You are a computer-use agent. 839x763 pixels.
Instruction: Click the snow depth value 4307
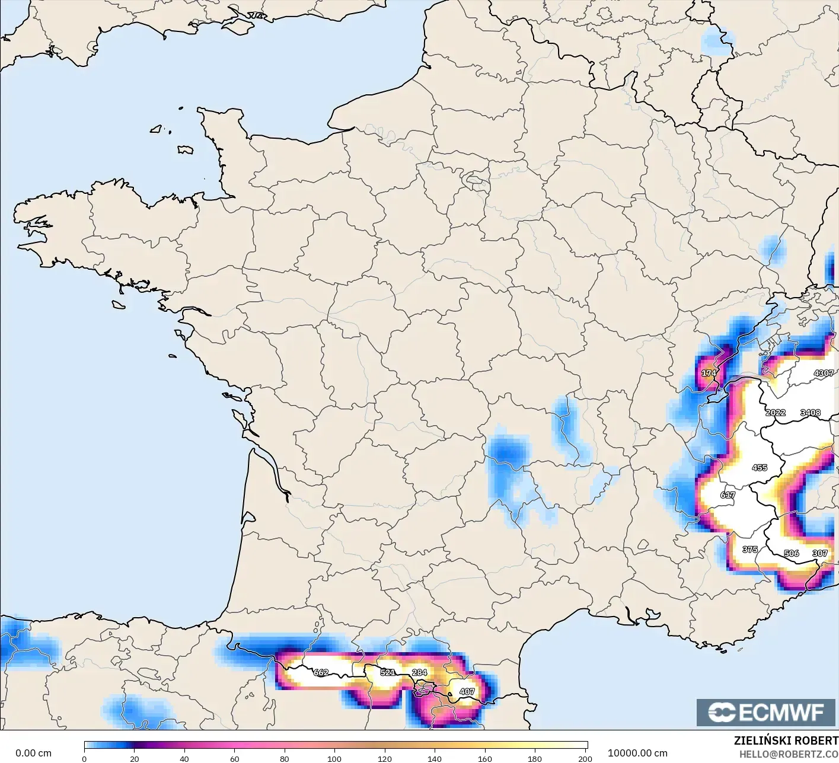pos(824,373)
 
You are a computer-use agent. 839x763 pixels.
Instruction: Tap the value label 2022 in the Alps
pos(775,413)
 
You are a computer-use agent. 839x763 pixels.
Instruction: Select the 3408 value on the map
pos(810,413)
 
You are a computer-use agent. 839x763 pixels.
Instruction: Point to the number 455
pos(759,468)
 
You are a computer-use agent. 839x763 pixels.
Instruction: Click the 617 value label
pos(728,495)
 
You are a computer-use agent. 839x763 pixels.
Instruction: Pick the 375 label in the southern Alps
pos(749,550)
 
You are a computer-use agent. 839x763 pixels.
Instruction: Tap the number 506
pos(791,553)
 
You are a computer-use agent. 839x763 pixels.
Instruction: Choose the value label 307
pos(819,553)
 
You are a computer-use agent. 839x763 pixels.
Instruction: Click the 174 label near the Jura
pos(709,373)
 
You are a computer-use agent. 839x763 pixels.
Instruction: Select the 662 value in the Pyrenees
pos(321,672)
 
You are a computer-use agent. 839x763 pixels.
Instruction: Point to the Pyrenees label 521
pos(387,672)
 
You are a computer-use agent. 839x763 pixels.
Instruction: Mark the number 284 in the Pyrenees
pos(419,672)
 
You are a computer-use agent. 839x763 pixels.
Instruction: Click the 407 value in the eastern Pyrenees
pos(467,691)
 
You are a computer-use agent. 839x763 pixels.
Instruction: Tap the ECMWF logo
pos(766,712)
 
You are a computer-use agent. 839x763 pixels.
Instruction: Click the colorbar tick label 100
pos(334,758)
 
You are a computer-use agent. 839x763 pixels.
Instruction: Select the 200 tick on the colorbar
pos(585,758)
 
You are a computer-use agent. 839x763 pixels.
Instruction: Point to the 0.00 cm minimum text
pos(33,753)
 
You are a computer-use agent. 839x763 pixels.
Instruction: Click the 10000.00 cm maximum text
pos(637,753)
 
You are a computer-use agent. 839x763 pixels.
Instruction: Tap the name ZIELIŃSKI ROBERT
pos(786,740)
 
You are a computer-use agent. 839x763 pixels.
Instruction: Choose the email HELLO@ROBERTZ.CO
pos(789,754)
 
